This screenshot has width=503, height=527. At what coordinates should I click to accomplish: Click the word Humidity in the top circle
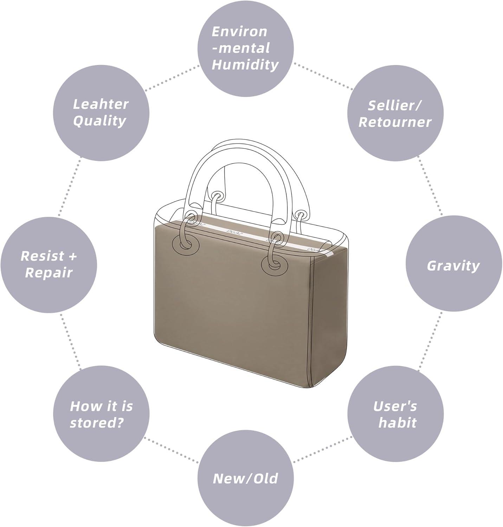245,65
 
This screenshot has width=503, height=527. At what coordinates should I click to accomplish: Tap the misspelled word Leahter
101,104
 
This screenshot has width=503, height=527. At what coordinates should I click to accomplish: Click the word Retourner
395,122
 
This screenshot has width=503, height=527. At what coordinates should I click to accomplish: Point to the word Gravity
453,266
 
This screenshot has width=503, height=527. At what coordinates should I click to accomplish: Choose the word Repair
49,273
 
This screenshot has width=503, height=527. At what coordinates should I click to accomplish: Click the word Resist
43,256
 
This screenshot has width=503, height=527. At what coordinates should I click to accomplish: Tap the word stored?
97,423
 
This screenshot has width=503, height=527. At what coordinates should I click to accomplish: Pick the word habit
397,423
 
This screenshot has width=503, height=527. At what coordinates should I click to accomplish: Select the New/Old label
245,479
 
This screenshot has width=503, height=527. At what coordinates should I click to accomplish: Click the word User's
395,406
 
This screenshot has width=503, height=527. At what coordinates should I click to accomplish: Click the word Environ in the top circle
240,32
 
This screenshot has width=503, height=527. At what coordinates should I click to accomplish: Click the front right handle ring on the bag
275,265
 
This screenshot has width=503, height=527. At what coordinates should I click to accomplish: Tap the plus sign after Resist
72,256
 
